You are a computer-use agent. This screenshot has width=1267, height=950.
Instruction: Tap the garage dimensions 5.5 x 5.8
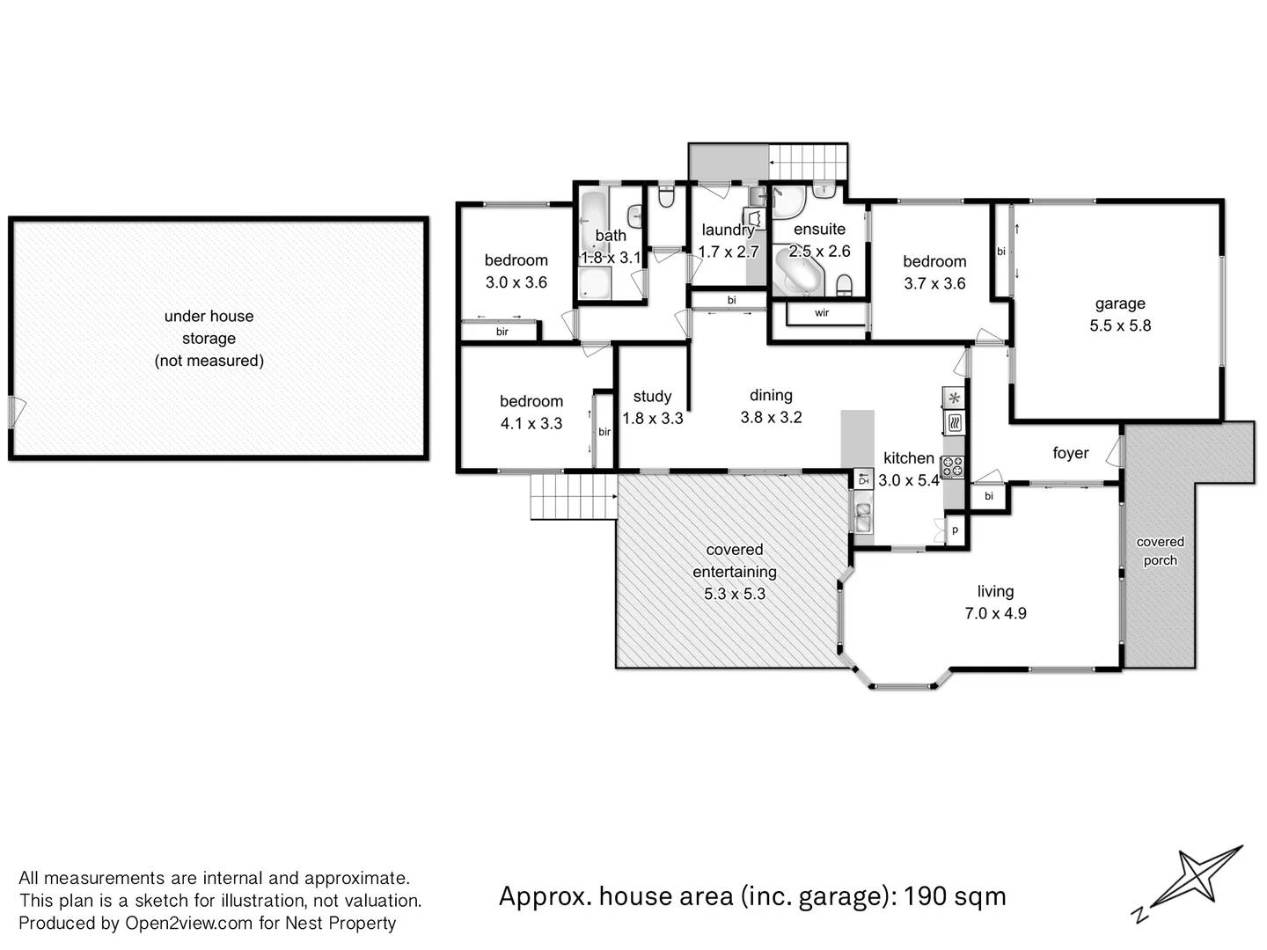(x=1119, y=325)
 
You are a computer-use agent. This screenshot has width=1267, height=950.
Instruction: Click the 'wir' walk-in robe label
(x=821, y=313)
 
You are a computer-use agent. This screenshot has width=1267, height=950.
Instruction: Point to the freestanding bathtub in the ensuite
(x=797, y=270)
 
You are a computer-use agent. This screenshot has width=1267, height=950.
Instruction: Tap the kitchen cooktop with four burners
(x=953, y=467)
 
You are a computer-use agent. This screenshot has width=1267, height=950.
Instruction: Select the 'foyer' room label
(x=1070, y=453)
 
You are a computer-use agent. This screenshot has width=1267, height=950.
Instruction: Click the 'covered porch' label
(x=1160, y=552)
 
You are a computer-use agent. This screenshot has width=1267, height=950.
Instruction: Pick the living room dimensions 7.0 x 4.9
(x=995, y=613)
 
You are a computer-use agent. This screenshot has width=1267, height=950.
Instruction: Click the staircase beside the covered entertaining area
(x=572, y=497)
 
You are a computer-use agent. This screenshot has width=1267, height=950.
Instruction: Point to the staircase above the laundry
(x=808, y=162)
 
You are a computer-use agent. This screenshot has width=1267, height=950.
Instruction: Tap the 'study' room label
(x=652, y=397)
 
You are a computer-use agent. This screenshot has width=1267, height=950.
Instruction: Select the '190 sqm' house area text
(x=955, y=896)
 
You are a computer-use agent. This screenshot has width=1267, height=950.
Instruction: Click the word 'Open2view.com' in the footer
(x=188, y=923)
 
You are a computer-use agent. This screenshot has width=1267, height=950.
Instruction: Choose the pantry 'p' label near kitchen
(x=956, y=530)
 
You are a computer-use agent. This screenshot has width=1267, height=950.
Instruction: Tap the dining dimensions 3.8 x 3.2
(x=771, y=418)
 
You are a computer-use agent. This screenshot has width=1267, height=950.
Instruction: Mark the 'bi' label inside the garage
(x=1001, y=252)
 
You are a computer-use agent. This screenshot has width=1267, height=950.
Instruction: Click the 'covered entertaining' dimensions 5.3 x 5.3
(x=734, y=594)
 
